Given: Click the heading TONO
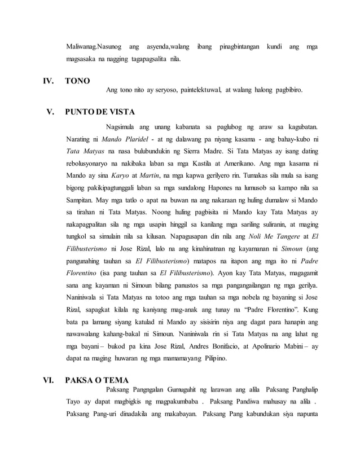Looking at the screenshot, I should pyautogui.click(x=77, y=81).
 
